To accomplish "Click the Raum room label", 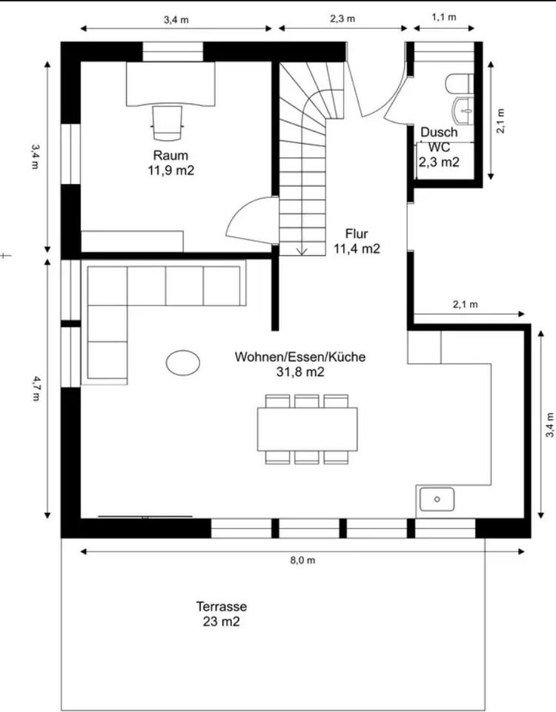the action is (171, 155).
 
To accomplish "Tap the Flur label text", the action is (357, 234).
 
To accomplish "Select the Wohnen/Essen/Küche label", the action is (300, 357).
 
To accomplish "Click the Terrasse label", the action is (222, 607).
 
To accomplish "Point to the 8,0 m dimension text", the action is (302, 561).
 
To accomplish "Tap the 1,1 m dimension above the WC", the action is (444, 17).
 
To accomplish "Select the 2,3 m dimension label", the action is (342, 19).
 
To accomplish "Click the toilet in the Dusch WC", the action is (460, 84).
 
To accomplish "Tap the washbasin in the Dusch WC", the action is (463, 110).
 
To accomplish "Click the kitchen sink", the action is (437, 499).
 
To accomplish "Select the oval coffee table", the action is (183, 363).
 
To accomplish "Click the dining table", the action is (307, 429).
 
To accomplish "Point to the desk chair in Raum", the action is (168, 123).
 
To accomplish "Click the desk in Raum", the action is (171, 85).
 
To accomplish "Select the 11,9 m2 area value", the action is (171, 171).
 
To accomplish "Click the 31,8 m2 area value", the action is (300, 372).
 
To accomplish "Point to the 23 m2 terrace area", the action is (221, 622).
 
